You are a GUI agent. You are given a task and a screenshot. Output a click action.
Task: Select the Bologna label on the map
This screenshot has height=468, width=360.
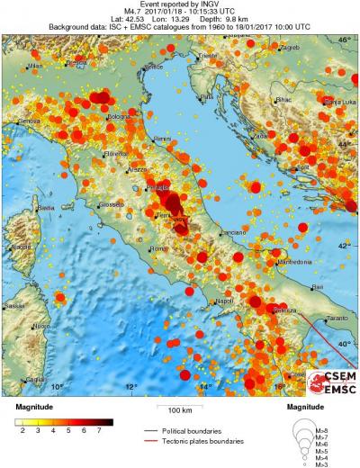point(119,116)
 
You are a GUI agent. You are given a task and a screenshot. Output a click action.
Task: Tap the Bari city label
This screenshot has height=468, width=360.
point(316,286)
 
